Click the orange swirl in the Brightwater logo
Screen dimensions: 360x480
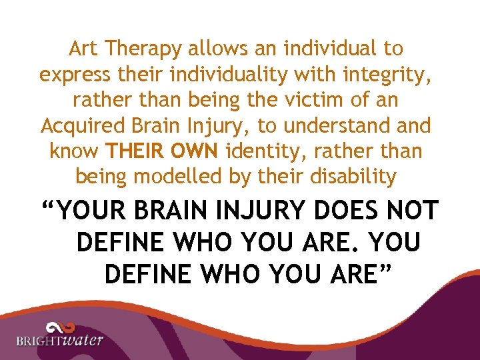[x=59, y=327]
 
